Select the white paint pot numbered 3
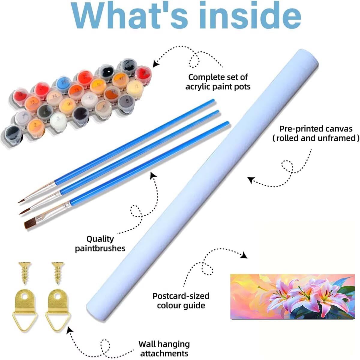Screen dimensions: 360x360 pos(58,119)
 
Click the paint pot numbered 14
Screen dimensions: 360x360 pos(54,96)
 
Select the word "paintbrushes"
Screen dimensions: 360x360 pos(100,248)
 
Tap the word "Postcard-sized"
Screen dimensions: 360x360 pos(181,296)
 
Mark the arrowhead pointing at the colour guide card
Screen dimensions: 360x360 pos(244,255)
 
